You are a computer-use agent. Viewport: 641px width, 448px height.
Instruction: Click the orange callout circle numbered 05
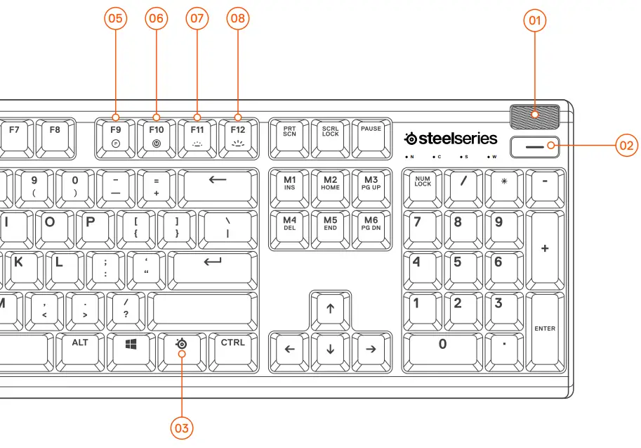coord(116,19)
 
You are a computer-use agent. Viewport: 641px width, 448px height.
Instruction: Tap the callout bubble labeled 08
coord(237,19)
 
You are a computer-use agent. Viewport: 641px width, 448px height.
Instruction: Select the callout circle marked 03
coord(182,427)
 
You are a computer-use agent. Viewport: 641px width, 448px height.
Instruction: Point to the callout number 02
coord(626,146)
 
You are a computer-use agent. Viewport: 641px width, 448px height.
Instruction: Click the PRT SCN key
coord(289,134)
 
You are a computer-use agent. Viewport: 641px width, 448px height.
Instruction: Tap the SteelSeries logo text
coord(451,139)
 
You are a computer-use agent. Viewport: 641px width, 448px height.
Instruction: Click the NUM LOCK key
coord(423,184)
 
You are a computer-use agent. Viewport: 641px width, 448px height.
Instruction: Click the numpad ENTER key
coord(545,329)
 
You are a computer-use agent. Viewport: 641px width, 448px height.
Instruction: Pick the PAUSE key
coord(371,134)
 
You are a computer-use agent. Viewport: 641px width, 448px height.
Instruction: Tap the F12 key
coord(238,134)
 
